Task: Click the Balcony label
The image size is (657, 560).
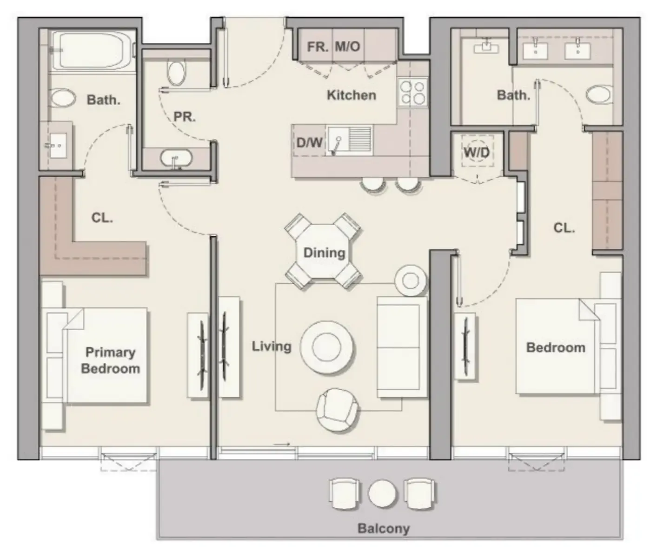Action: pos(383,528)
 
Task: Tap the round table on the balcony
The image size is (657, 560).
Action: pos(382,493)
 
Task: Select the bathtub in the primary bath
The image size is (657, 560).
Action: pos(92,50)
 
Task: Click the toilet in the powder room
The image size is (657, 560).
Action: pos(176,73)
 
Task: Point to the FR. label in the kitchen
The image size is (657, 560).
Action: pos(318,47)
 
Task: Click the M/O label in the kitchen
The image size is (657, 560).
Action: pos(347,47)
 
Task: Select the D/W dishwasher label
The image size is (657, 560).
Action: pos(309,142)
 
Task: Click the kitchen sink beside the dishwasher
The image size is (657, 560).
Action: pos(349,140)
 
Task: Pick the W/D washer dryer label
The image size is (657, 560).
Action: pos(477,152)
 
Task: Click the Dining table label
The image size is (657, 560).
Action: pos(324,253)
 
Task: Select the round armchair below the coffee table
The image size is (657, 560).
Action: pos(338,410)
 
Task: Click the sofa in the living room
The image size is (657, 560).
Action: pos(402,347)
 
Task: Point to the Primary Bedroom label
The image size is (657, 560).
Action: pos(110,360)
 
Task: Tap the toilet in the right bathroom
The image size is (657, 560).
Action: pos(598,94)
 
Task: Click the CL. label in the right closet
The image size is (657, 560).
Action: pos(564,228)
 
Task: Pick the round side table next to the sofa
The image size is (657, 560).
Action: pos(411,280)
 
